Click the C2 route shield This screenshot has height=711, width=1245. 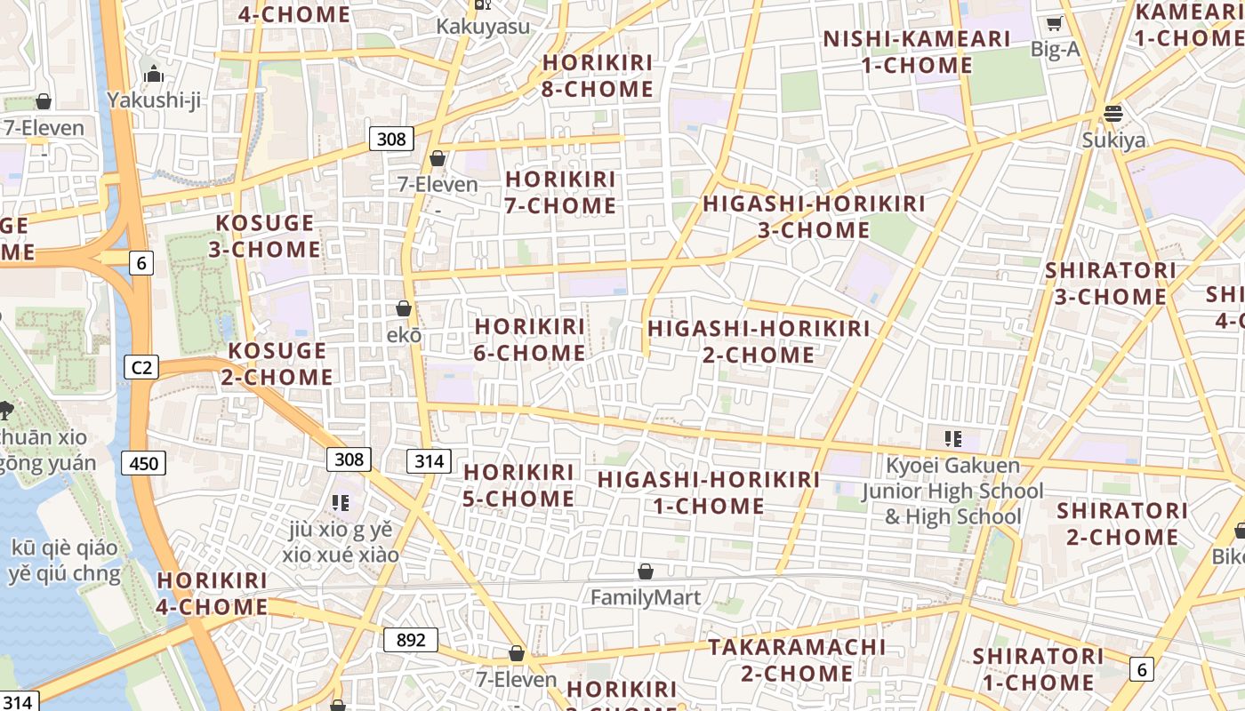click(141, 367)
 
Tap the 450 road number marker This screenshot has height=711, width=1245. click(143, 463)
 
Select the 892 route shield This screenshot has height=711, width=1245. click(411, 640)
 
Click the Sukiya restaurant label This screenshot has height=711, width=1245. click(1113, 140)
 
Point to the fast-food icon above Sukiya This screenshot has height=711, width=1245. click(1113, 114)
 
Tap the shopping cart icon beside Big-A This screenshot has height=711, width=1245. click(1055, 24)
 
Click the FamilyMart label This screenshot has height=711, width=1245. click(646, 597)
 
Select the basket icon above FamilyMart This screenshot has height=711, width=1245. click(646, 571)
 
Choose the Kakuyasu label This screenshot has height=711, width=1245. click(483, 27)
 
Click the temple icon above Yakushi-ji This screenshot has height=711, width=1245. click(154, 74)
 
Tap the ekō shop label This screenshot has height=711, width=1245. click(404, 335)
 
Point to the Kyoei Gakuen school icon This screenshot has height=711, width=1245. click(953, 438)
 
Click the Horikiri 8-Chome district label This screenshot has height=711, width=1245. click(598, 76)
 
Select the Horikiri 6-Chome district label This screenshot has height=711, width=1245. click(530, 340)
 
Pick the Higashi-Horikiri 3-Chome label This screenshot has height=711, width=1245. click(814, 216)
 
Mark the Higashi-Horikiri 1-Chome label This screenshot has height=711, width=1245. click(709, 492)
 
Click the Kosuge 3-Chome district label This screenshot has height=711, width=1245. click(265, 236)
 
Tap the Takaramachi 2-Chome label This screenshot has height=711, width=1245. click(798, 659)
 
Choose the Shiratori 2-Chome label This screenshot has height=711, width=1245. click(1122, 523)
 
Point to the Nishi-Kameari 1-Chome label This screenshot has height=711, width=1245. click(917, 52)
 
